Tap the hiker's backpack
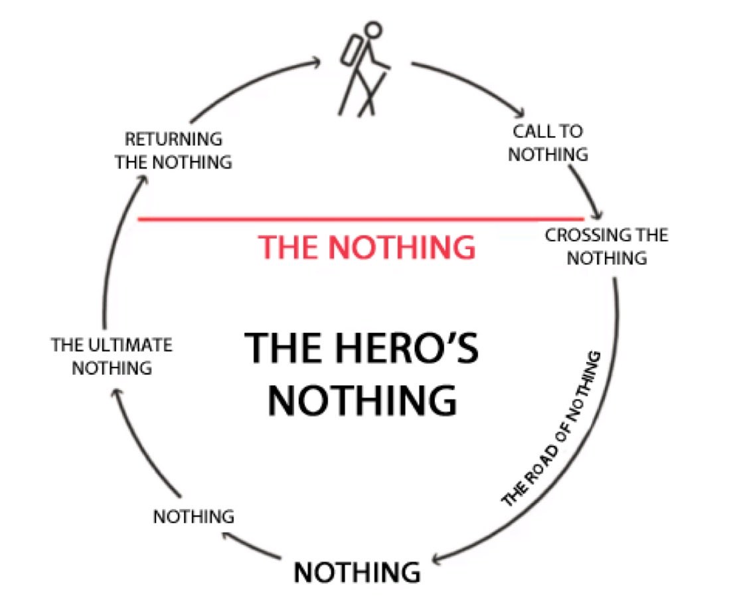(350, 50)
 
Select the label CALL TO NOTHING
(548, 143)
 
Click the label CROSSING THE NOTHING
(606, 246)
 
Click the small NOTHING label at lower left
(194, 516)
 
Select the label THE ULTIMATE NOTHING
(112, 356)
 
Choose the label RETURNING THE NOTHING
(174, 150)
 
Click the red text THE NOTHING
(367, 247)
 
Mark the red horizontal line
(359, 218)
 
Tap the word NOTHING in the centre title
(362, 401)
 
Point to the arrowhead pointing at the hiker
(316, 62)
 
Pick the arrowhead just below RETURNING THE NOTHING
(139, 179)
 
